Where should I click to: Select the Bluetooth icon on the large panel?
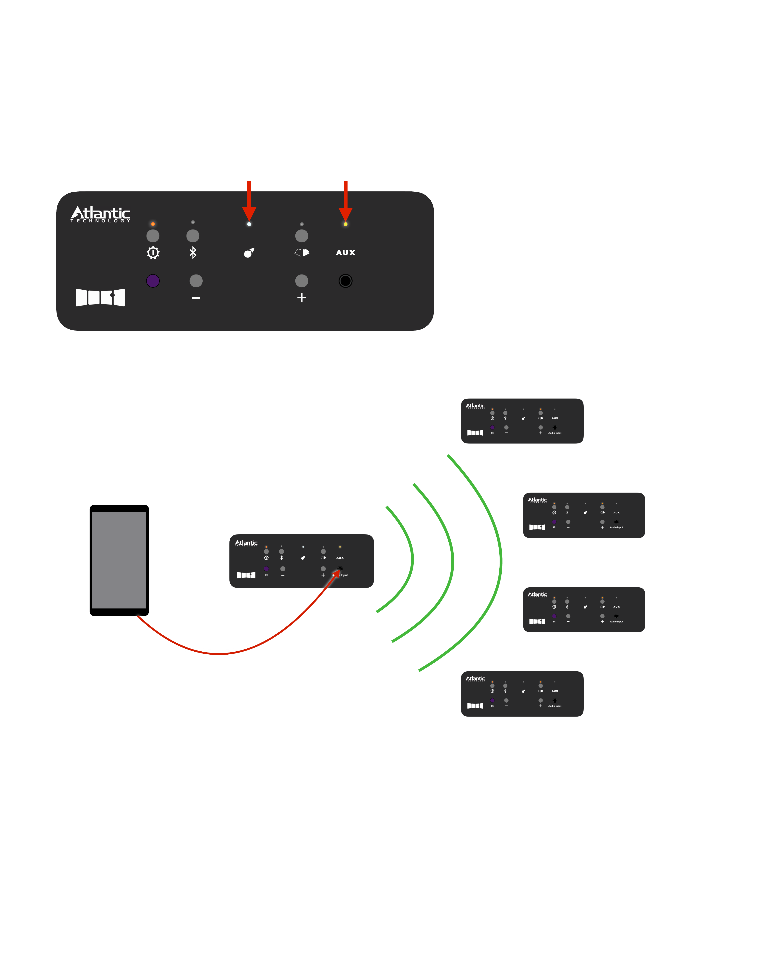(193, 253)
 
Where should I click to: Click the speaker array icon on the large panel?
(100, 297)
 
